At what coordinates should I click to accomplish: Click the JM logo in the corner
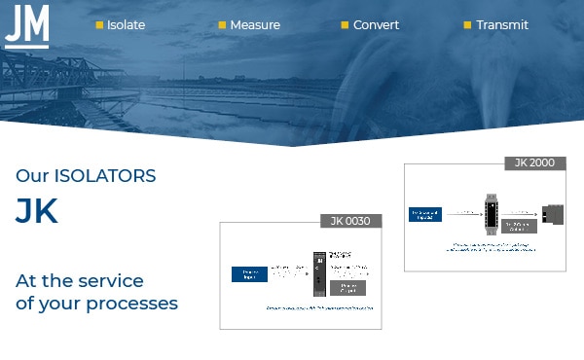[x=26, y=24]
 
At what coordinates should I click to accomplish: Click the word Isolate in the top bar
[x=126, y=25]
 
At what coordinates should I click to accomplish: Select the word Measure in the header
[x=254, y=25]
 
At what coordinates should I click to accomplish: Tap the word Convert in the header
[x=376, y=25]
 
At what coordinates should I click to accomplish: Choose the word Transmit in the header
[x=502, y=25]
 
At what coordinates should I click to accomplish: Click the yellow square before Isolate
[x=99, y=25]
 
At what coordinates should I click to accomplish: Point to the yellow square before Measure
[x=222, y=25]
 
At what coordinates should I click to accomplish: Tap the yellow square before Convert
[x=345, y=25]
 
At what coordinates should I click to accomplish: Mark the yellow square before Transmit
[x=467, y=25]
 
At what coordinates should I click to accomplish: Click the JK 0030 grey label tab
[x=350, y=221]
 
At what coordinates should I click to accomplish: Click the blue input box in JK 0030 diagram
[x=249, y=274]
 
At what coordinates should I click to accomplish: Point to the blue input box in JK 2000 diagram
[x=425, y=213]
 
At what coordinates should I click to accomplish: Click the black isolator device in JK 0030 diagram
[x=318, y=275]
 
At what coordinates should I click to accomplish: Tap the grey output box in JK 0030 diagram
[x=347, y=288]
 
